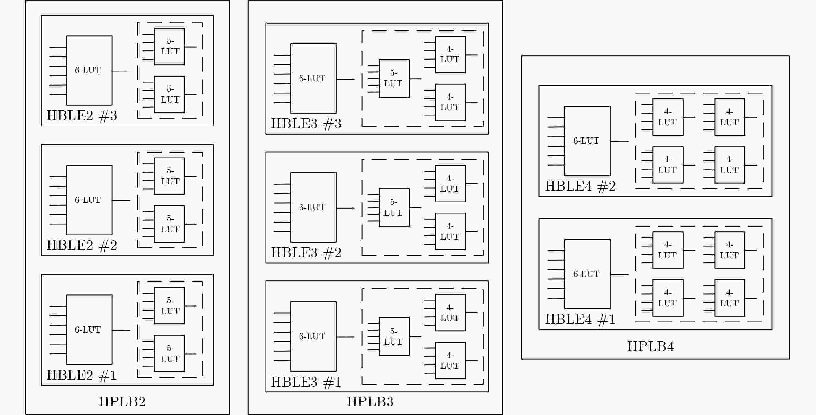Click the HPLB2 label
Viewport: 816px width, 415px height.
click(122, 402)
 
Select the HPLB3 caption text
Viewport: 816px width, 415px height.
click(370, 402)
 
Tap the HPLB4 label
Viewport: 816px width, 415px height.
click(651, 346)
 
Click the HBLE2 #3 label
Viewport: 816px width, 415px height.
click(82, 116)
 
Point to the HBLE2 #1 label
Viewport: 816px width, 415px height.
click(82, 375)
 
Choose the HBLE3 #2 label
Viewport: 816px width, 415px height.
click(306, 253)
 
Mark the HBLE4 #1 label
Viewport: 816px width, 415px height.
click(580, 319)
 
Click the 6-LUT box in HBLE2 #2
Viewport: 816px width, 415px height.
click(89, 200)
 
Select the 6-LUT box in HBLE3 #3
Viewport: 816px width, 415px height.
click(313, 78)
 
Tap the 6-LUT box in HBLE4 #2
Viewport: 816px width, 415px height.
click(587, 141)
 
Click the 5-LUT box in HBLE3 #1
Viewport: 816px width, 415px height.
click(394, 336)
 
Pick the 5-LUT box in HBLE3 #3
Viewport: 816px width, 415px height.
click(394, 78)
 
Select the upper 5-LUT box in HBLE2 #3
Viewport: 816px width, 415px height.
click(169, 47)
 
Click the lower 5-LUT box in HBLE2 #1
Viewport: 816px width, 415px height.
click(169, 354)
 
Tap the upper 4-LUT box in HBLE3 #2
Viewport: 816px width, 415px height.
click(450, 183)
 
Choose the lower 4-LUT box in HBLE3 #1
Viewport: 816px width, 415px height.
click(450, 360)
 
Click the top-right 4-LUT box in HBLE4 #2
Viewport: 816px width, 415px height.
click(730, 117)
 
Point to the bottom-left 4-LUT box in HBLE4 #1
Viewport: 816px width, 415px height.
click(668, 298)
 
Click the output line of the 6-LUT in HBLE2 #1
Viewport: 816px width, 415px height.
click(121, 330)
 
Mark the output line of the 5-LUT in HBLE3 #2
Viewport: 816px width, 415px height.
click(415, 208)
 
